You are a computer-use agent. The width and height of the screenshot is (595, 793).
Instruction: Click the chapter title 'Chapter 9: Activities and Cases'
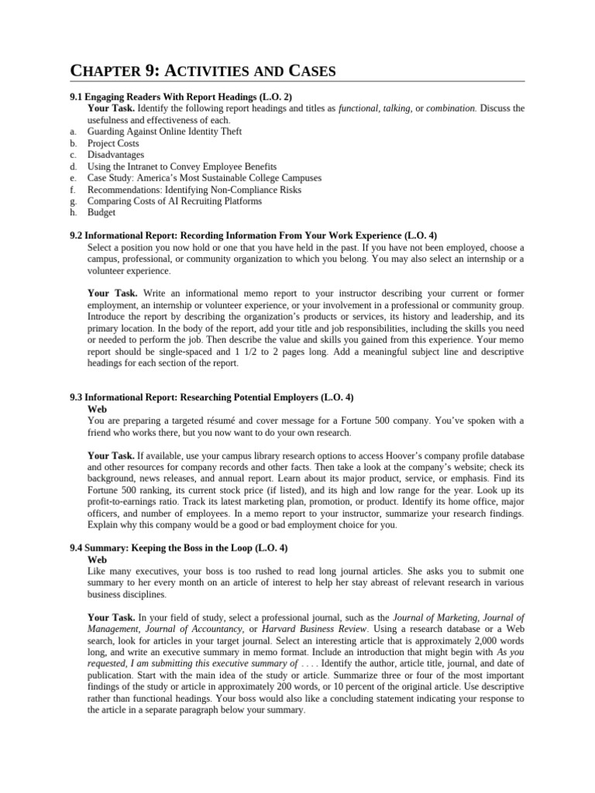pyautogui.click(x=203, y=71)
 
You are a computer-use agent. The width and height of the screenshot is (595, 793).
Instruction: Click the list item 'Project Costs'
pyautogui.click(x=113, y=143)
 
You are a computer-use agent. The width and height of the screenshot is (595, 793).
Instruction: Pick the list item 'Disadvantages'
pyautogui.click(x=115, y=155)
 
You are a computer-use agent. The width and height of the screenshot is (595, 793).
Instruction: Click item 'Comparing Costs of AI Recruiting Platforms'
pyautogui.click(x=174, y=201)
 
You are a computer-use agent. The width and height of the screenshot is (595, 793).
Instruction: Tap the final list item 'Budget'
pyautogui.click(x=101, y=212)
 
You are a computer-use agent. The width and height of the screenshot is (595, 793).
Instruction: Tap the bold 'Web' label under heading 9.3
pyautogui.click(x=97, y=409)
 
